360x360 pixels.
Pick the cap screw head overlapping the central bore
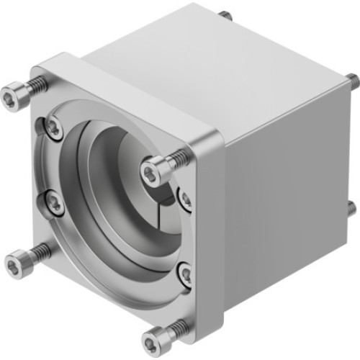click(151, 171)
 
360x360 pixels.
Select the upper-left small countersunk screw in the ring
click(53, 127)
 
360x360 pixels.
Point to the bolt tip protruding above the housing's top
click(228, 14)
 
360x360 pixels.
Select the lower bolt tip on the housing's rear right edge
click(351, 207)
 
